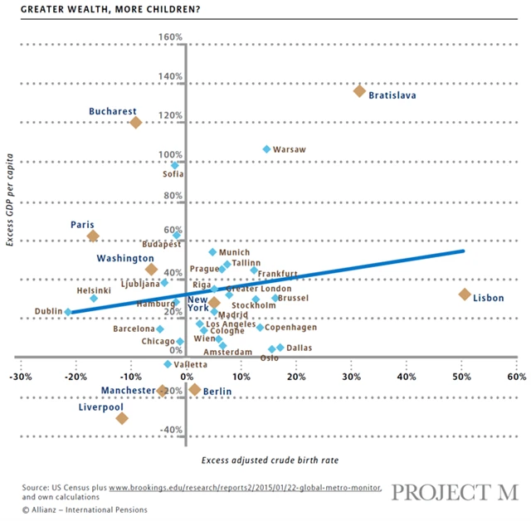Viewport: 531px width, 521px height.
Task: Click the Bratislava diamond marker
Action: (x=359, y=90)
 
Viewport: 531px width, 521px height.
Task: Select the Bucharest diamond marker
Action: (x=135, y=123)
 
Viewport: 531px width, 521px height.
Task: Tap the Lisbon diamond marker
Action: (x=465, y=295)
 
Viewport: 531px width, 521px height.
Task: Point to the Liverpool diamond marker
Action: (x=122, y=418)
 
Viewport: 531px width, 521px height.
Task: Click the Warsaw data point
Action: (x=266, y=149)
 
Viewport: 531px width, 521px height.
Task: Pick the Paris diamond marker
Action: (x=93, y=236)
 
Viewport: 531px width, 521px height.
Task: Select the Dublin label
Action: (x=47, y=312)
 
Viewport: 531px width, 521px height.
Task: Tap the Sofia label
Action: (x=173, y=174)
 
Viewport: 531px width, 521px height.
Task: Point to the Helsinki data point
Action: (x=94, y=298)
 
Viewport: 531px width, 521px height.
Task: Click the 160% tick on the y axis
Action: (x=170, y=37)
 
